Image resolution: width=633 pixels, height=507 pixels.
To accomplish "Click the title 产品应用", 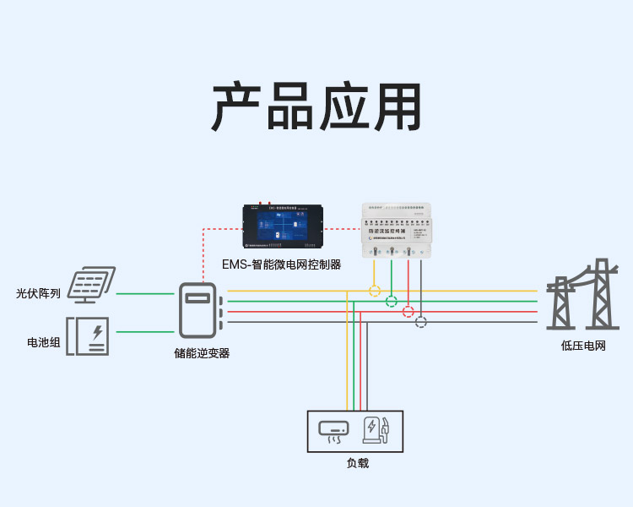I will tap(316, 107).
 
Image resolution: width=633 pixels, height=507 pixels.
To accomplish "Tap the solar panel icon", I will tap(92, 285).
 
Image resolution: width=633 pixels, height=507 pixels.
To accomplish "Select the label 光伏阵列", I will tap(38, 294).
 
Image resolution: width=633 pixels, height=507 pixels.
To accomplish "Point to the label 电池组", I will tap(43, 343).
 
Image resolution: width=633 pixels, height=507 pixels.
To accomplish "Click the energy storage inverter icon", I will tap(199, 310).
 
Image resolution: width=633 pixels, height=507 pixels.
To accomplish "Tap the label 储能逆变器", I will tap(201, 353).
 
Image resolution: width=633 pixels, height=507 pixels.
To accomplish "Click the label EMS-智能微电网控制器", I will tap(281, 264).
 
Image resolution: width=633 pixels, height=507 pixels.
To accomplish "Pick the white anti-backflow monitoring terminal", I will tap(396, 230).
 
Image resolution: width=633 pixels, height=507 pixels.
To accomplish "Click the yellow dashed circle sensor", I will tap(375, 291).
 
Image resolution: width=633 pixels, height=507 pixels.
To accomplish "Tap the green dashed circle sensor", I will tap(392, 301).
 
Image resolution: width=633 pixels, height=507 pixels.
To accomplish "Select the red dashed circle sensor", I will tap(408, 311).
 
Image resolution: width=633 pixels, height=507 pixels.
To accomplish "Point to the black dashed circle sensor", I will tap(421, 321).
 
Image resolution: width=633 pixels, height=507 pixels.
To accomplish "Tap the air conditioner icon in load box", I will tap(333, 431).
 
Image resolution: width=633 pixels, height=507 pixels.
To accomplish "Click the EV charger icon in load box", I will tap(376, 430).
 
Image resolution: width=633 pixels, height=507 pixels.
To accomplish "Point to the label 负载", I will tap(357, 463).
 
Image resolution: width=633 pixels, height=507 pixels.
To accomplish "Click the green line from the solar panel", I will tap(145, 294).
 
